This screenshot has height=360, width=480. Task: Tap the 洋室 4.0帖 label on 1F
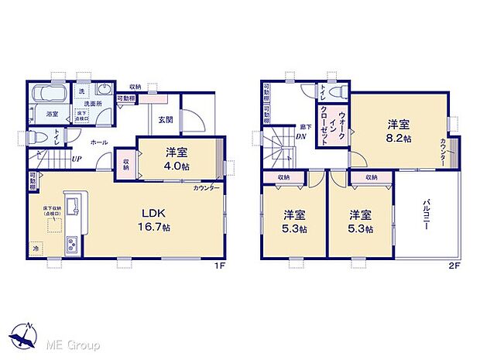(177, 159)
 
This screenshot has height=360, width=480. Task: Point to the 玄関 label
(166, 119)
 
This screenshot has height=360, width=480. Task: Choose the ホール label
(99, 142)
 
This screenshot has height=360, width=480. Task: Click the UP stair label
(77, 160)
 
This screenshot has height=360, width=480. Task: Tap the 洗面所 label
(94, 103)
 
